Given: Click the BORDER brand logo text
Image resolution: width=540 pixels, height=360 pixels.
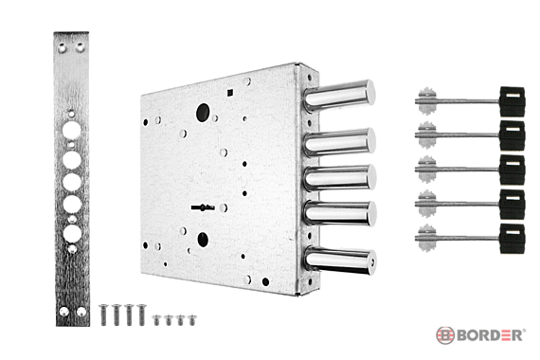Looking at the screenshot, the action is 491,335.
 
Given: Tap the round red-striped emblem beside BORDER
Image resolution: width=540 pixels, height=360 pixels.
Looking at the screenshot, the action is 445,335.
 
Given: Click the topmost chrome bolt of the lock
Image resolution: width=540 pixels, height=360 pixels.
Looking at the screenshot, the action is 339,96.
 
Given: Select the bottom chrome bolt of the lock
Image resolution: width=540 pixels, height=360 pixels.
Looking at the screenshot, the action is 340,261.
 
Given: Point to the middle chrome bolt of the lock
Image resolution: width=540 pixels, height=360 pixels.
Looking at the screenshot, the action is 340,177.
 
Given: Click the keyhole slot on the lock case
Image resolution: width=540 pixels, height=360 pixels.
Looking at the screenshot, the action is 203,207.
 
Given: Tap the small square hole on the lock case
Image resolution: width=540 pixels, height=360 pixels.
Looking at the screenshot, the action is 230,92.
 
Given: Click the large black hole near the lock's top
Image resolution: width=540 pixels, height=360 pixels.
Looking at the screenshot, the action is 203,113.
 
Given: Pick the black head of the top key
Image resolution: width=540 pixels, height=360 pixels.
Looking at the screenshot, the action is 513,101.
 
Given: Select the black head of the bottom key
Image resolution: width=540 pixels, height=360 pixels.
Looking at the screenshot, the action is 513,239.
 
